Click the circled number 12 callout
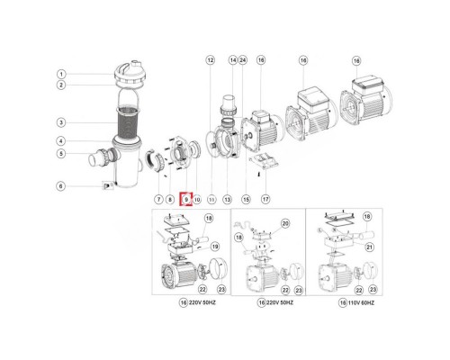click(x=211, y=60)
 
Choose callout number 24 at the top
click(x=243, y=60)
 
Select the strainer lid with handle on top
click(x=132, y=74)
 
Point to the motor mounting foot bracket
click(x=263, y=161)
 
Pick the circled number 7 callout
click(x=158, y=198)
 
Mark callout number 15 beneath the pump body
click(x=244, y=198)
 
